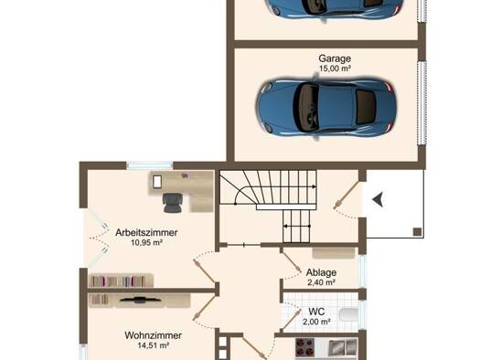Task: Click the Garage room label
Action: click(x=335, y=58)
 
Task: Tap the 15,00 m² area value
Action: click(x=335, y=69)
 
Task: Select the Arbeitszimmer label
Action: click(x=146, y=232)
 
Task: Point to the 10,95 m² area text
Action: click(x=146, y=243)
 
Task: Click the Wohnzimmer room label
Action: click(x=153, y=335)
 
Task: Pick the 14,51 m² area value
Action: click(x=154, y=345)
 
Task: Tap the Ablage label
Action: click(x=321, y=272)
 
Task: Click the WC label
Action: click(x=316, y=312)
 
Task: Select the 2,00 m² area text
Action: click(x=316, y=322)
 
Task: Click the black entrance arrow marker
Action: click(x=378, y=200)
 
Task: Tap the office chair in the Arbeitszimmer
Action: click(x=173, y=203)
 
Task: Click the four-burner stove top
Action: click(x=304, y=347)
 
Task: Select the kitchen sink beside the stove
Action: click(x=343, y=347)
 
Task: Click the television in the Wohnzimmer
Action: click(x=141, y=300)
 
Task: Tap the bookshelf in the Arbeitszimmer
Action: click(x=121, y=281)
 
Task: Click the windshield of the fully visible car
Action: click(x=307, y=107)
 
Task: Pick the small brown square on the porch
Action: click(x=417, y=232)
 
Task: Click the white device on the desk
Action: click(x=157, y=182)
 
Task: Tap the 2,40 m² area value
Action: click(x=321, y=282)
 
